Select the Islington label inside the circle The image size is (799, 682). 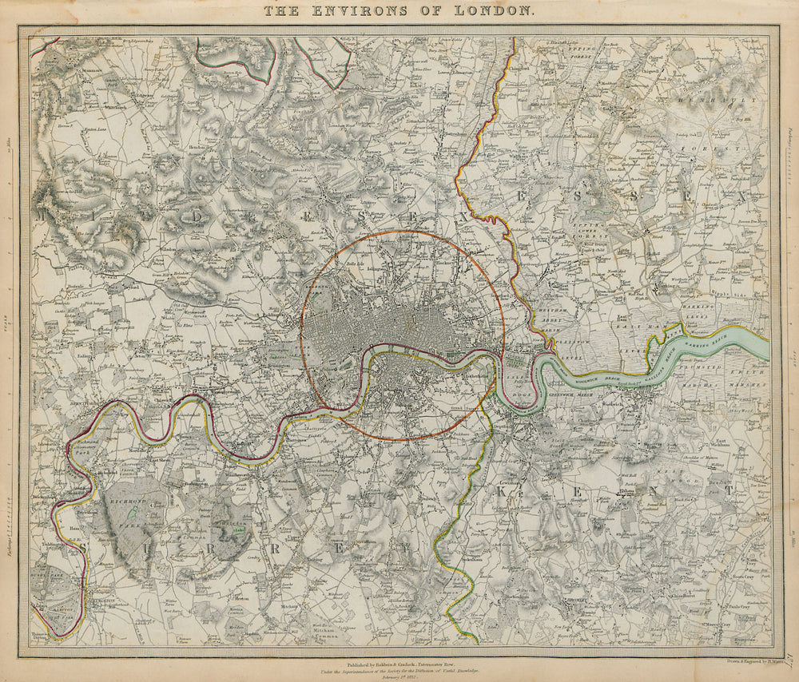coord(378,269)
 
